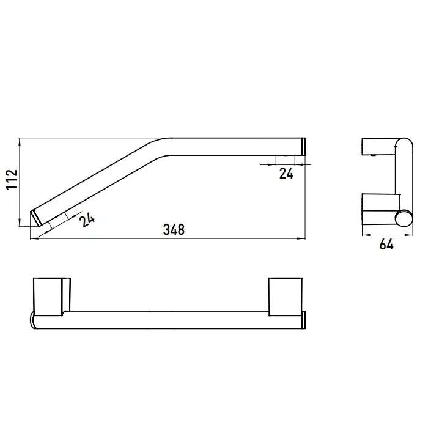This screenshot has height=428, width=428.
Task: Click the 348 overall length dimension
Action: tap(174, 229)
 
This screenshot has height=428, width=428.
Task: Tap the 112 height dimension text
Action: tap(12, 179)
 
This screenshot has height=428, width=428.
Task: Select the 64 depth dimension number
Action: tap(386, 245)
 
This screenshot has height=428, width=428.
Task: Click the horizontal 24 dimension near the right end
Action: tap(286, 173)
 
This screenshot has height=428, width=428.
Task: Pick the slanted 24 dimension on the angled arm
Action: tap(87, 220)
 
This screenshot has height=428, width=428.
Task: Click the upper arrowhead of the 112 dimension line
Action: tap(20, 142)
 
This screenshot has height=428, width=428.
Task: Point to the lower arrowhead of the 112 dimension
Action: tap(20, 223)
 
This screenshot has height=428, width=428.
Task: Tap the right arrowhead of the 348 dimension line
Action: tap(301, 238)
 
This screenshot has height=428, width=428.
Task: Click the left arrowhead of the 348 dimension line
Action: tap(34, 238)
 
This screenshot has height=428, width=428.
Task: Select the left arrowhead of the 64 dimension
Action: tap(366, 234)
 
